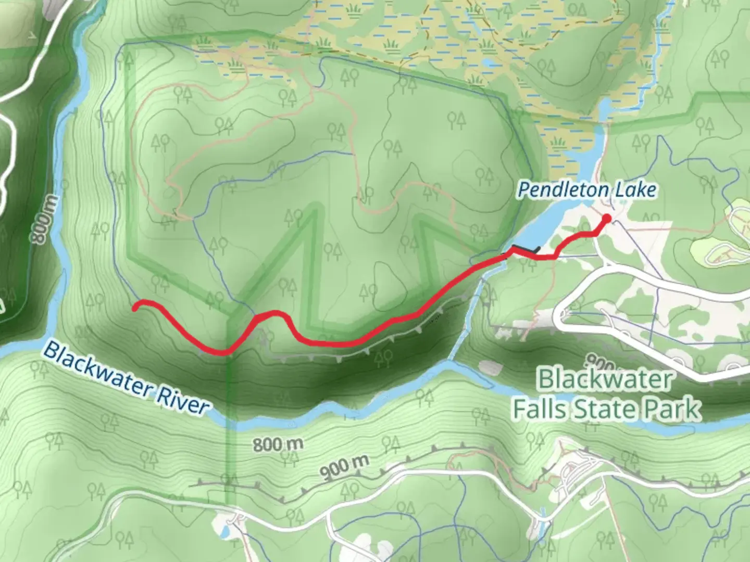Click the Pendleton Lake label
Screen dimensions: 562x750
pyautogui.click(x=586, y=190)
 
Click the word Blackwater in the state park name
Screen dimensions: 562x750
pyautogui.click(x=605, y=379)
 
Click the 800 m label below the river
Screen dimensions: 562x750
pyautogui.click(x=278, y=445)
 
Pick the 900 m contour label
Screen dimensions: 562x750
pyautogui.click(x=344, y=467)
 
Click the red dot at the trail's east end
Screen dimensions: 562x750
pyautogui.click(x=606, y=218)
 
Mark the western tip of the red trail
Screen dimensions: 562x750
pyautogui.click(x=135, y=308)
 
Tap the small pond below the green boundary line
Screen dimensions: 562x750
pyautogui.click(x=225, y=531)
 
